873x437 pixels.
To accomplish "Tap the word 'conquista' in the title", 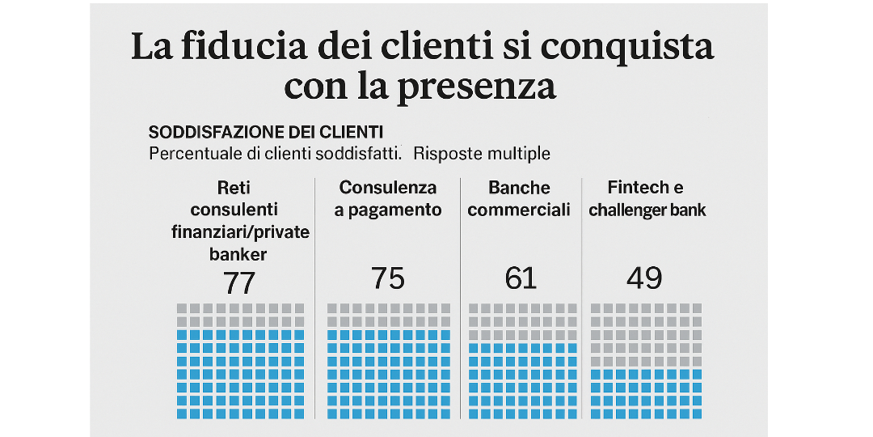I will pos(626,47).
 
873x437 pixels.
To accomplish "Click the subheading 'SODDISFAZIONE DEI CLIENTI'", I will pos(266,132).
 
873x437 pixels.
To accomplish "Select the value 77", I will pos(239,282).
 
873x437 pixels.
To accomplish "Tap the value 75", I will pos(387,278).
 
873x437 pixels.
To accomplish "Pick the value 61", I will pos(520,278).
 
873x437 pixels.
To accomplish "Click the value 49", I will pos(644,278).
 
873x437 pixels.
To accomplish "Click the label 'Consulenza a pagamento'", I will pos(388,199).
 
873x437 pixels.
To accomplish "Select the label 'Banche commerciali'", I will pos(519,199).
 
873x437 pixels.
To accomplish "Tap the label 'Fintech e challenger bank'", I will pos(647,199).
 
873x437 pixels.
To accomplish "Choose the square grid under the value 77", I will pos(240,361).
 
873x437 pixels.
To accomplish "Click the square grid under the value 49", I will pos(647,361).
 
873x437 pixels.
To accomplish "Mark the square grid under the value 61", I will pos(522,361).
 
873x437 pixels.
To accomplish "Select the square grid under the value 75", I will pos(388,361).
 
